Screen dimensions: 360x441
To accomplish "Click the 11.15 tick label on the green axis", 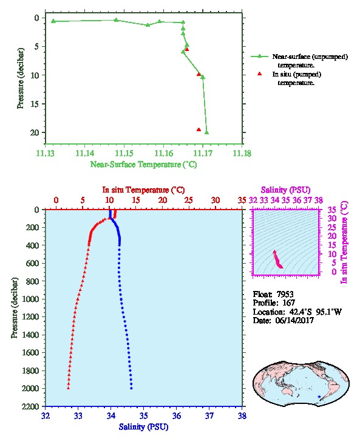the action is click(x=124, y=153).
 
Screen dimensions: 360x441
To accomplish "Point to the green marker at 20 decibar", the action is click(x=206, y=132).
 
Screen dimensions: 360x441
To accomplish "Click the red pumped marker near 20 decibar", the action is click(x=199, y=129).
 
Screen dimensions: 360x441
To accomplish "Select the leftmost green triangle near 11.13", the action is click(x=53, y=21).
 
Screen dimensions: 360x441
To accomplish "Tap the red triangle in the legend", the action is click(x=259, y=73).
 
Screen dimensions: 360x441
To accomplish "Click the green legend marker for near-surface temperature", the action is click(x=259, y=56).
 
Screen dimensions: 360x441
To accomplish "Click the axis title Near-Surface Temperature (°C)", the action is click(x=143, y=165).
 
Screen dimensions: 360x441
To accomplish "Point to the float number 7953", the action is click(x=285, y=294).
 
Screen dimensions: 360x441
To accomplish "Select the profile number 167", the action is click(x=288, y=303).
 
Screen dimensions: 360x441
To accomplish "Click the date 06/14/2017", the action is click(x=294, y=320).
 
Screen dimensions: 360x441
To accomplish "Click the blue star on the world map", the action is click(x=319, y=397).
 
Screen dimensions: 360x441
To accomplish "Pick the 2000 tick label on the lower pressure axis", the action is click(x=31, y=388).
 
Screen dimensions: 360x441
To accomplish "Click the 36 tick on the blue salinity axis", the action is click(x=177, y=415).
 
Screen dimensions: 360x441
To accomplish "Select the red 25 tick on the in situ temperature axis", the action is click(x=189, y=200).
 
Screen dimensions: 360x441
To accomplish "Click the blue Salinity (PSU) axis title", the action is click(x=143, y=427).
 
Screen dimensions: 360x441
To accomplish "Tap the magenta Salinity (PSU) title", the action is click(x=285, y=190).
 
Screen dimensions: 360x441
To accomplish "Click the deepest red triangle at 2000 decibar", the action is click(x=68, y=388).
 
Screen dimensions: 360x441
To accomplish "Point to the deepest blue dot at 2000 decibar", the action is click(x=131, y=388).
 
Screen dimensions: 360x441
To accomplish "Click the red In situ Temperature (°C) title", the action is click(x=143, y=190).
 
